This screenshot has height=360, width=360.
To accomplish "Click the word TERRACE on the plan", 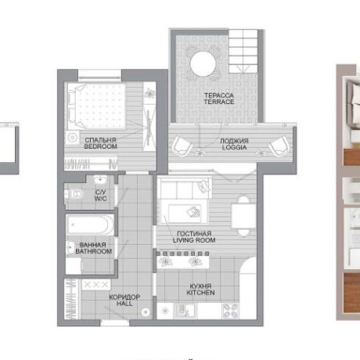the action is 219,102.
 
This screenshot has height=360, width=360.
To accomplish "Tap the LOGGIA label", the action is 235,147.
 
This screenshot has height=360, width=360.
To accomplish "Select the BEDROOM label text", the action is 101,146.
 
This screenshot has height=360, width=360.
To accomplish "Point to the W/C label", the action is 101,199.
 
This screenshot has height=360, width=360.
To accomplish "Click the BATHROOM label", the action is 94,251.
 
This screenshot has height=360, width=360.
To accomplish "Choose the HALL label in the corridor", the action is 124,304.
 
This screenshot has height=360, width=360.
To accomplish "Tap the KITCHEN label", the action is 200,293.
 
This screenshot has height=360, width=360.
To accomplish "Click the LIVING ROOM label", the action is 194,240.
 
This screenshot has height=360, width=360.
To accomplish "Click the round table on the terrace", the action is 203,64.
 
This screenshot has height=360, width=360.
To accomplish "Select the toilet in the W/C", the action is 76,194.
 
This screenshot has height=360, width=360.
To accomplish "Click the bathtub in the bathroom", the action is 90,225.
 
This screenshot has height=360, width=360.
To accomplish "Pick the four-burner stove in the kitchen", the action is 230,311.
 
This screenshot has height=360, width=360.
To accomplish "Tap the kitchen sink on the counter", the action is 185,311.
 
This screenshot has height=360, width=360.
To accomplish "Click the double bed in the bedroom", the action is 97,106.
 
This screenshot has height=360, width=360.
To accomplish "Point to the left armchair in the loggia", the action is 182,146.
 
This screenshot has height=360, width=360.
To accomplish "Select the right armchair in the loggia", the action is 279,146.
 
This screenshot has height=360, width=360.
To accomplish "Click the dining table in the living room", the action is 243,216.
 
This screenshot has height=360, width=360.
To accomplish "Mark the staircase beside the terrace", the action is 243,51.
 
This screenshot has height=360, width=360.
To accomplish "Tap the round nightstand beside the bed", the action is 72,137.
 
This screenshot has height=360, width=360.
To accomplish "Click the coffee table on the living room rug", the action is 185,214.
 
